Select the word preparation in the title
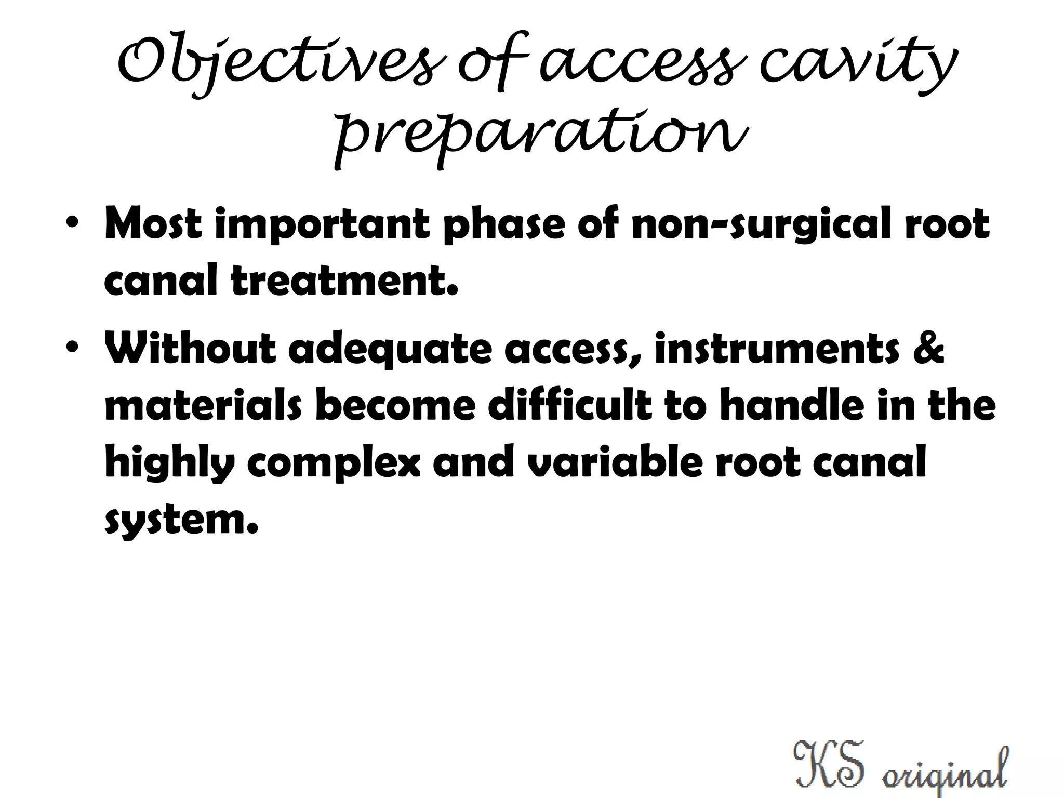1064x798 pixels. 541,132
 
